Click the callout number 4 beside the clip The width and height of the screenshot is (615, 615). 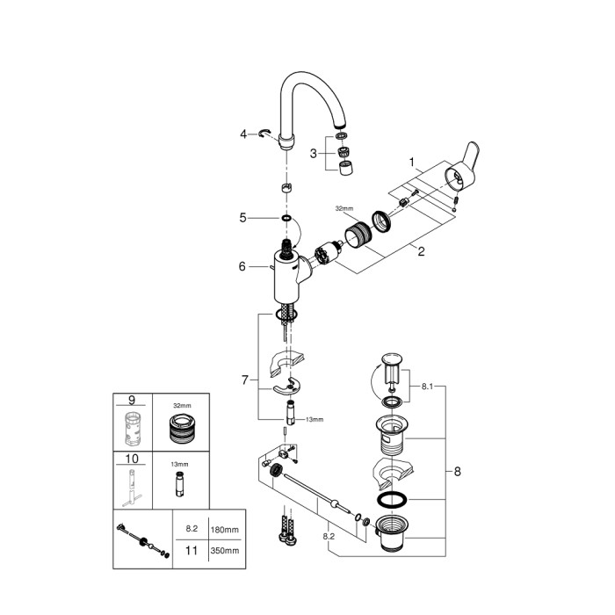[243, 134]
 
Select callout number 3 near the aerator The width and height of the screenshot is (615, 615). [314, 154]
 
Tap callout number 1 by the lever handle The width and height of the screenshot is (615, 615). [410, 162]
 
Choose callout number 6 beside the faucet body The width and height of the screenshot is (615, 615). [242, 266]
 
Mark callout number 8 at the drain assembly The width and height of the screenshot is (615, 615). [457, 471]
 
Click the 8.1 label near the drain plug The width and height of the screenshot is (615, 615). [427, 384]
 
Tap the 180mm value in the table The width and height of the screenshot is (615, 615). [227, 529]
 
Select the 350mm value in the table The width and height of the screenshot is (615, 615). [227, 553]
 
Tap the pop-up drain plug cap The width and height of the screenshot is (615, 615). [393, 359]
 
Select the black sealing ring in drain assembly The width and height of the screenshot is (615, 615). [393, 502]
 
